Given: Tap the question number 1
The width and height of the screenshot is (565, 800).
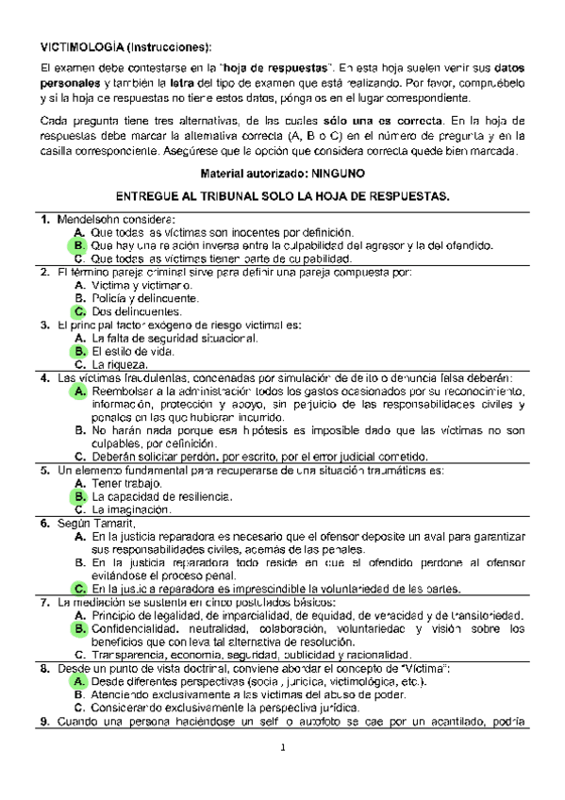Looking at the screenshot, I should tap(44, 220).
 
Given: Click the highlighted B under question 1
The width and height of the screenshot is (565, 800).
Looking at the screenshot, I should tap(79, 245).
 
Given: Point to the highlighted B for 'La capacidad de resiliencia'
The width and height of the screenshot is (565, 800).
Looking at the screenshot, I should tap(79, 496).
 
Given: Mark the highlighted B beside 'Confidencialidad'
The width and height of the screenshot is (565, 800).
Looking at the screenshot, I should tap(79, 628).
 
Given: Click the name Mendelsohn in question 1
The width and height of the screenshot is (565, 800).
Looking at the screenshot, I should tap(91, 220).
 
